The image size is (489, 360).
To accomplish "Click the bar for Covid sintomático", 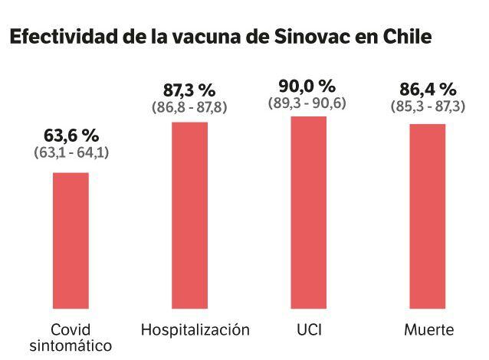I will coord(71,241).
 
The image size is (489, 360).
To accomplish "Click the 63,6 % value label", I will coord(71,136).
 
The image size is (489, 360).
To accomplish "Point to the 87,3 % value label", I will coord(189,90).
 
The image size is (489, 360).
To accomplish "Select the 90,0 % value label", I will coord(307,86).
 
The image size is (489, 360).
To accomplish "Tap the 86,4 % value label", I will coord(427,90).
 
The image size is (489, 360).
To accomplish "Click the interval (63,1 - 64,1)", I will coord(71,152).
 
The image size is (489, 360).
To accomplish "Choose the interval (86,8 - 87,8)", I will coord(189,106).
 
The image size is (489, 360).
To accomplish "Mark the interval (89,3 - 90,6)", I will coord(307,102).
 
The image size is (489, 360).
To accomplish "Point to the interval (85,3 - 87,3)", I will coord(427,106).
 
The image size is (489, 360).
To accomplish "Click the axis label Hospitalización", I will coord(195,330).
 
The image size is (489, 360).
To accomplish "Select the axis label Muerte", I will coord(428,330).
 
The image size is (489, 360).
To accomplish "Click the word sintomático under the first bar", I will coord(71,346).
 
